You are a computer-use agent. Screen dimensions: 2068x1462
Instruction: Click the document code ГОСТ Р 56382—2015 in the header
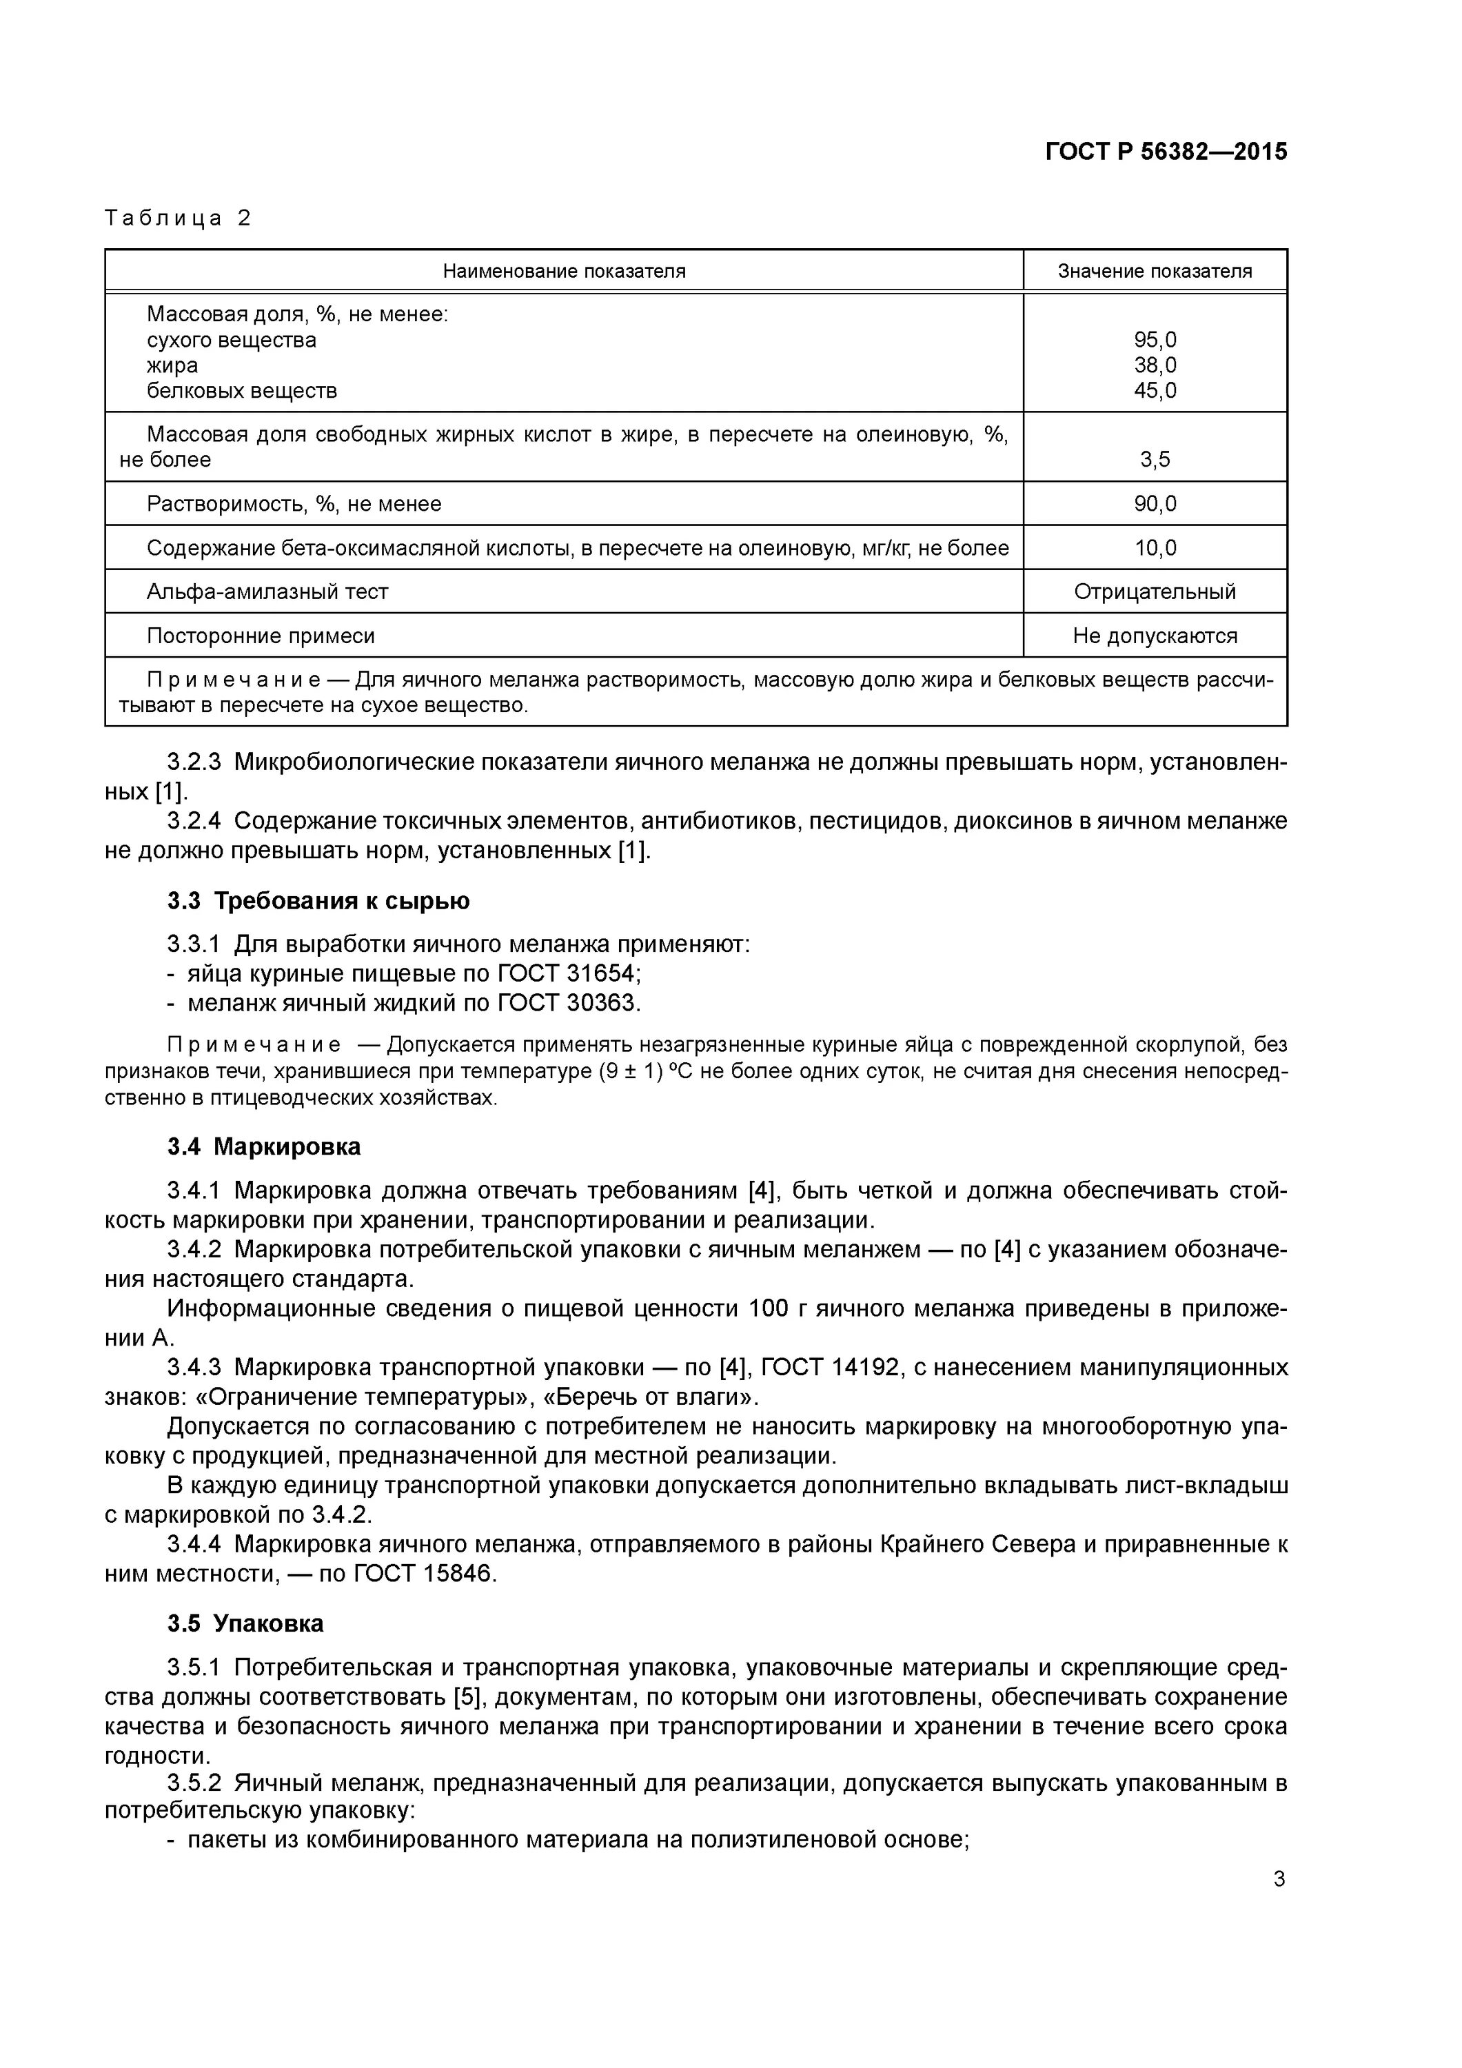point(1166,152)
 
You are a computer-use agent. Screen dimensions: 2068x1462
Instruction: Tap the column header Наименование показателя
point(564,271)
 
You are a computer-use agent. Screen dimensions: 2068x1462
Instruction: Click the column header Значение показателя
point(1154,271)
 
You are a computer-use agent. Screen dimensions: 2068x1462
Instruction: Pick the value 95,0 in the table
point(1155,341)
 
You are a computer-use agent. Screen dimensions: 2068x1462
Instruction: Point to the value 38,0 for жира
point(1155,365)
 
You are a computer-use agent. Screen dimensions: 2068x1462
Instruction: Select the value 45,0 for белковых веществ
point(1155,391)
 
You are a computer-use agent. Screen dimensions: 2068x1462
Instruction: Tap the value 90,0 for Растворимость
point(1155,503)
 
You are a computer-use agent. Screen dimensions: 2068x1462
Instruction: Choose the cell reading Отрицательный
point(1155,591)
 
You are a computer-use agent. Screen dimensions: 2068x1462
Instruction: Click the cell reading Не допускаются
point(1155,636)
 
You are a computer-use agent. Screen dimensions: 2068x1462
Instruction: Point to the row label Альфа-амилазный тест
point(267,591)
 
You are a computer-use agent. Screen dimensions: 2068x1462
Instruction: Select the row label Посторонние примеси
point(261,636)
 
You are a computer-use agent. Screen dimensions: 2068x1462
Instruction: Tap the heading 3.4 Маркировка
point(263,1146)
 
